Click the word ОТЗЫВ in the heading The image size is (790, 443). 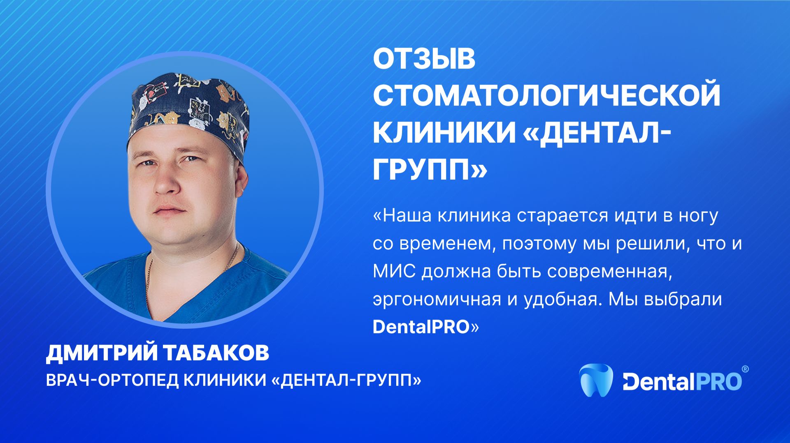coord(424,60)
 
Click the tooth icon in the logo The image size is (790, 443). coord(596,381)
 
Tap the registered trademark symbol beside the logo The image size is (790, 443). coord(745,369)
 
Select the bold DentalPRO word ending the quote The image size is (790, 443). coord(421,327)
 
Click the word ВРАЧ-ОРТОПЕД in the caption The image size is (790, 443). coord(111,381)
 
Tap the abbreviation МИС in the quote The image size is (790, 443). coord(394,272)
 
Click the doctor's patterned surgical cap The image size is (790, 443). coord(189,111)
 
